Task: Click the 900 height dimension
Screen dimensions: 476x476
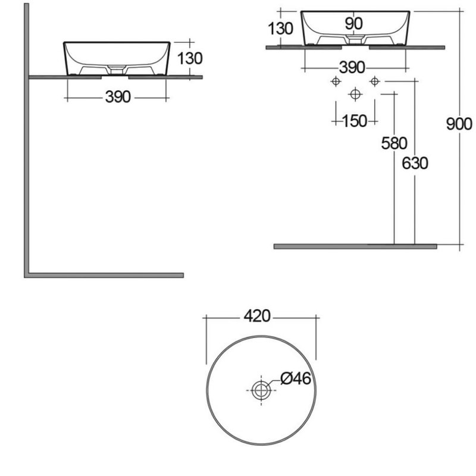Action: click(x=459, y=123)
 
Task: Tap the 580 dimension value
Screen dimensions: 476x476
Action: click(x=395, y=143)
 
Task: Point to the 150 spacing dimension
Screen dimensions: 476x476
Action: click(x=355, y=121)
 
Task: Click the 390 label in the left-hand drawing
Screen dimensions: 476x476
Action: click(x=118, y=97)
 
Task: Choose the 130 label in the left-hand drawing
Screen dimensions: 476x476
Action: click(x=190, y=58)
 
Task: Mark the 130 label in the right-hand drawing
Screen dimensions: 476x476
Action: click(x=280, y=28)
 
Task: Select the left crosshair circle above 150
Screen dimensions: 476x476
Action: click(x=336, y=81)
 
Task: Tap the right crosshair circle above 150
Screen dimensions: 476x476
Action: click(x=374, y=81)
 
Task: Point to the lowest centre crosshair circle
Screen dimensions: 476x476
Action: click(x=355, y=94)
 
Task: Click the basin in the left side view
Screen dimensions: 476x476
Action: click(x=117, y=58)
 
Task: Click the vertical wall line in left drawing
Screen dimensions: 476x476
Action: click(x=26, y=137)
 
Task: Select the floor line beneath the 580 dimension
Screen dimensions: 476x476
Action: click(x=355, y=246)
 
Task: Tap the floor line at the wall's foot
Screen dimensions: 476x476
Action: click(x=104, y=275)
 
